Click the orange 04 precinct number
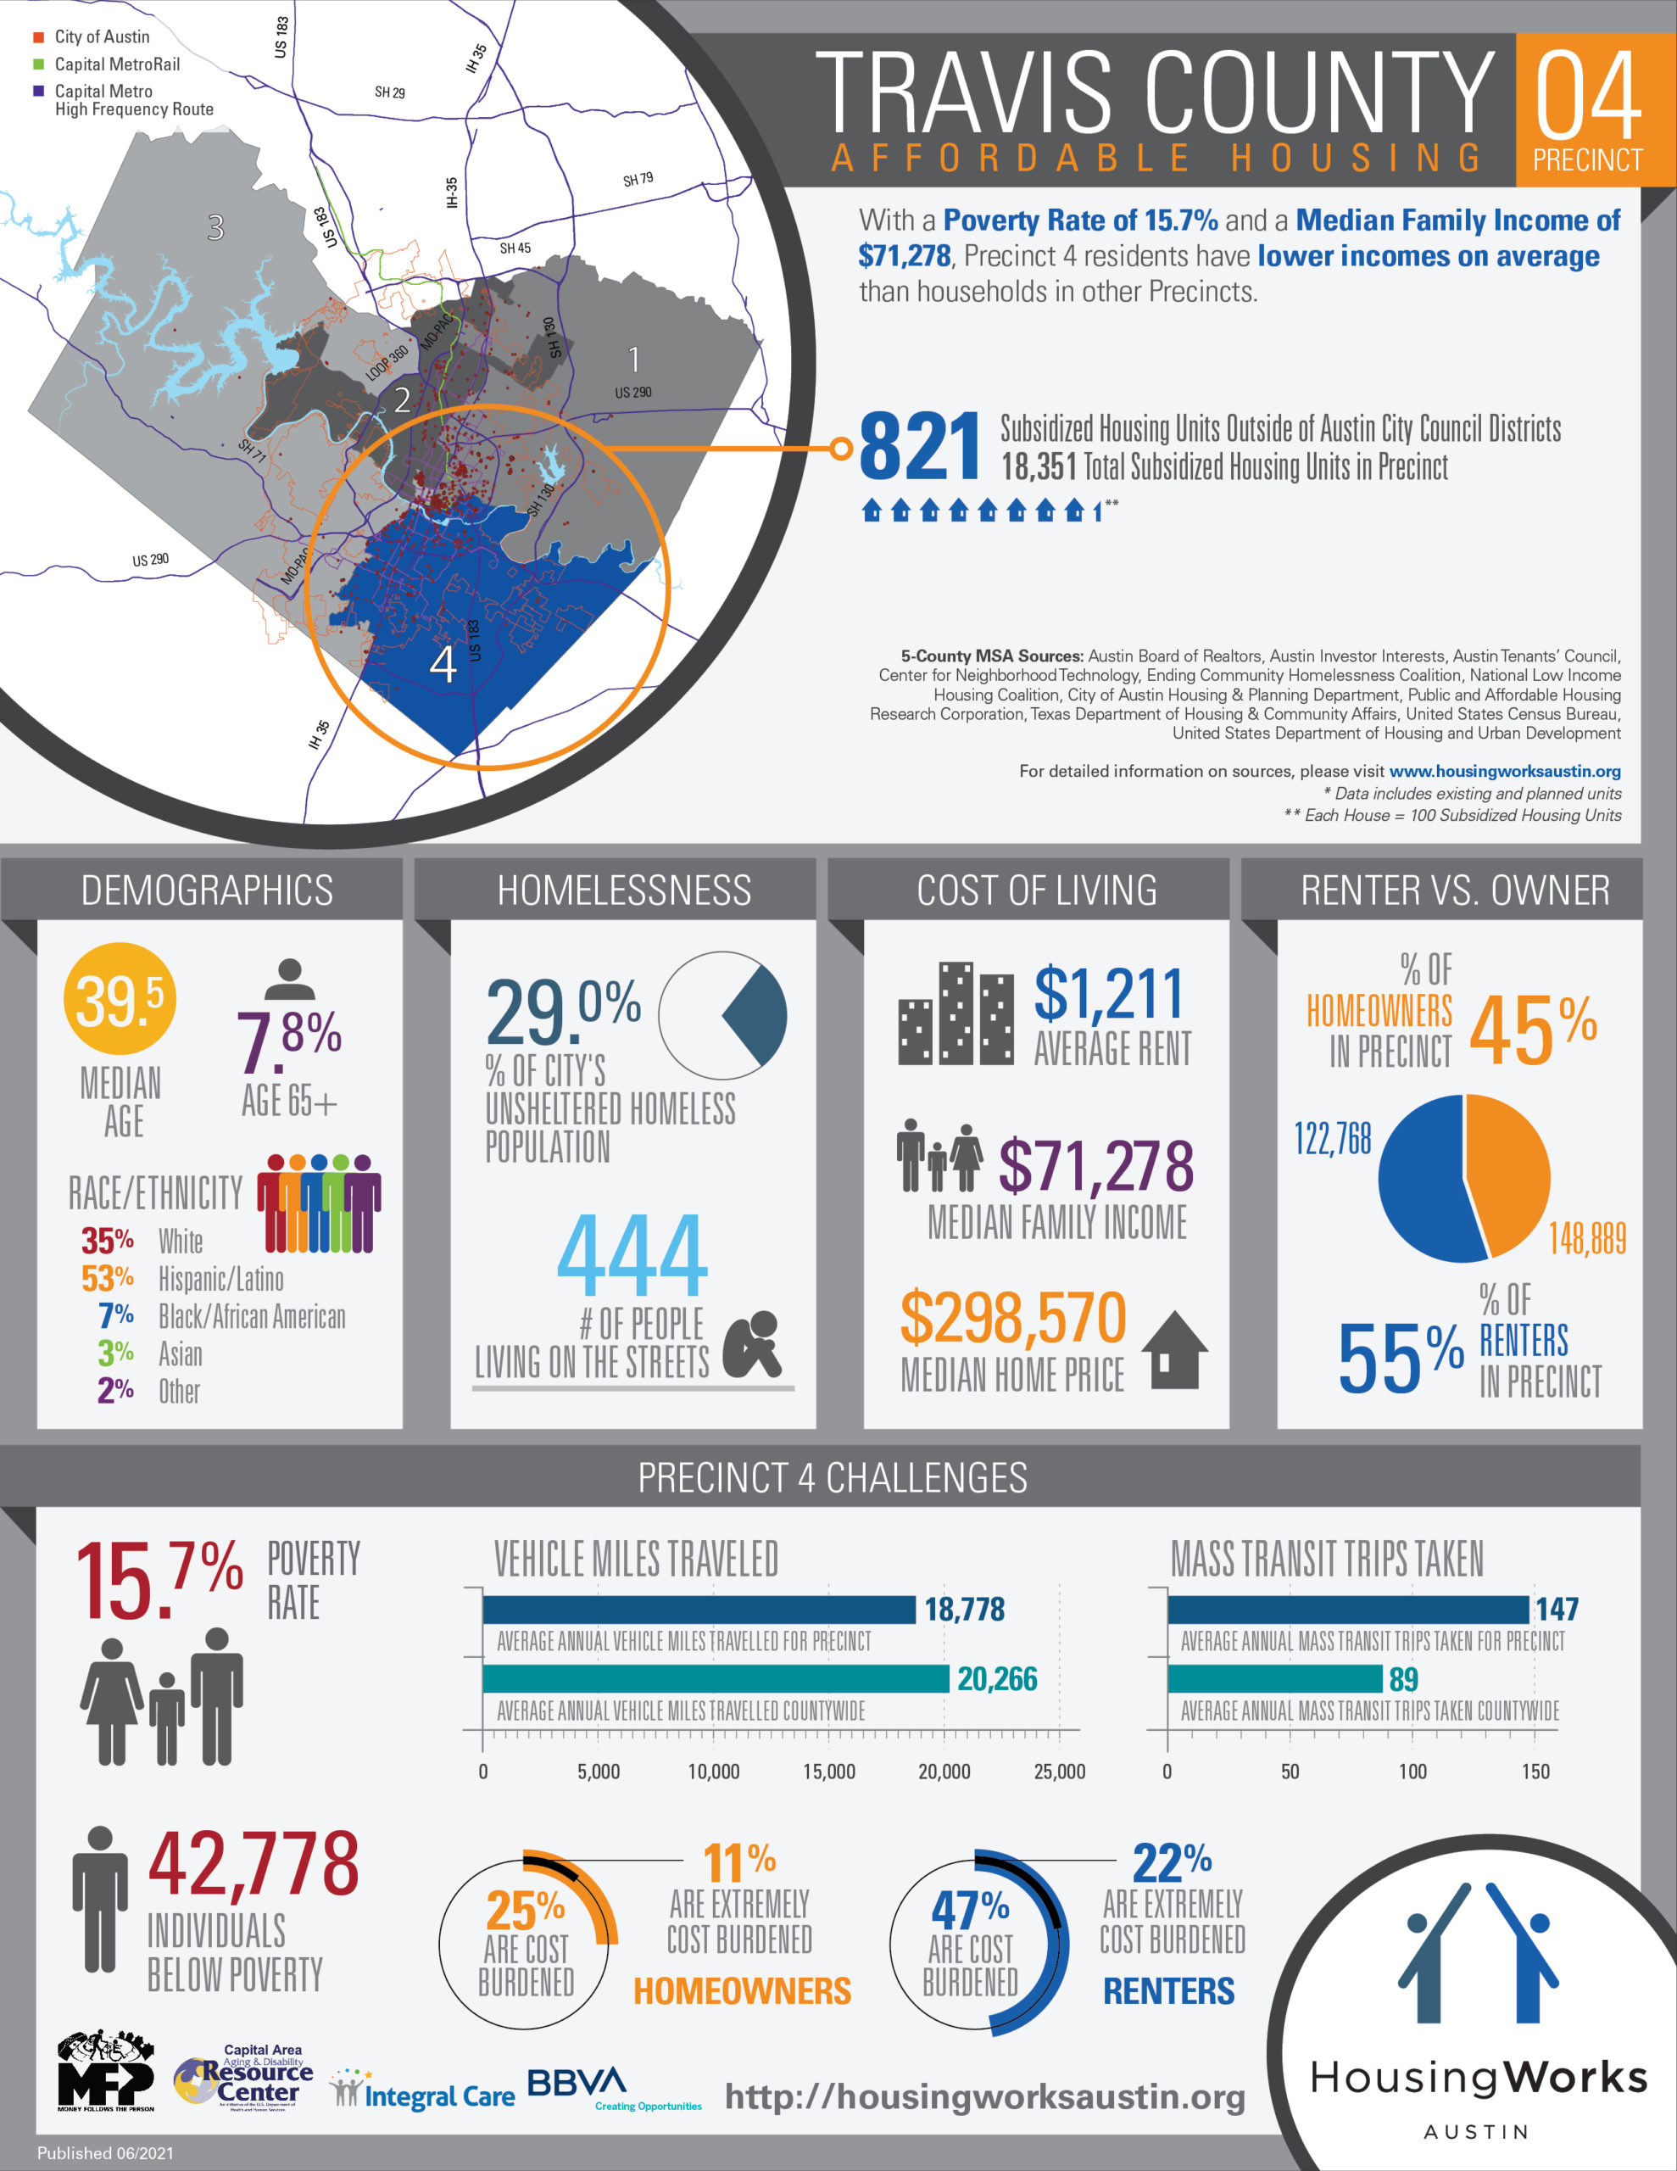tap(1587, 98)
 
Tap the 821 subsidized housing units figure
tap(920, 447)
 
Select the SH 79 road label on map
tap(638, 180)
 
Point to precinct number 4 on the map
tap(443, 663)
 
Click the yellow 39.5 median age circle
tap(120, 999)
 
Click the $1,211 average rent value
tap(1108, 993)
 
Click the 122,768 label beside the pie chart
tap(1332, 1138)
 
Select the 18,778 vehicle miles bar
tap(699, 1610)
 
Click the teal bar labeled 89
tap(1274, 1679)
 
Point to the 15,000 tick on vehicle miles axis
tap(828, 1772)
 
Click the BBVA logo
tap(577, 2082)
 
